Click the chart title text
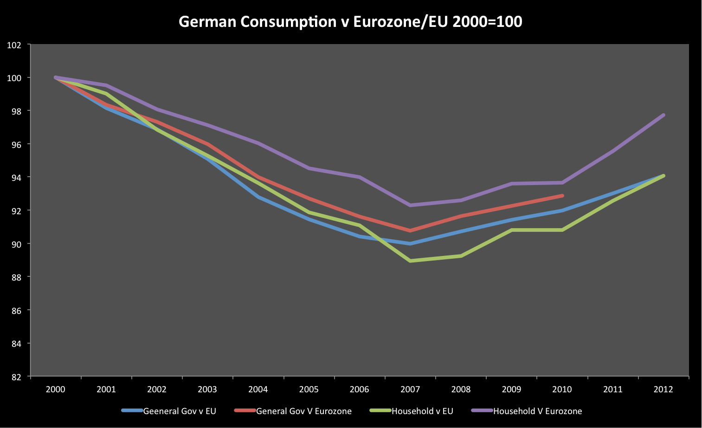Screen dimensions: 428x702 [x=350, y=22]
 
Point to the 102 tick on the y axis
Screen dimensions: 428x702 [x=14, y=45]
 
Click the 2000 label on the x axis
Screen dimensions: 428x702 [x=56, y=390]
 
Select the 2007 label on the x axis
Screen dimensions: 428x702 [x=410, y=390]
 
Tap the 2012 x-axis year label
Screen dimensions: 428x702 [x=663, y=390]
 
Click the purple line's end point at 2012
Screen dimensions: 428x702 [x=663, y=115]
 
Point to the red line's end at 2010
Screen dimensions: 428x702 [x=562, y=196]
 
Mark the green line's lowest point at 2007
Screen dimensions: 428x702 [x=410, y=261]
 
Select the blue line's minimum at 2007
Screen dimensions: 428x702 [x=410, y=243]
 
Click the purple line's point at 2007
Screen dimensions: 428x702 [x=410, y=205]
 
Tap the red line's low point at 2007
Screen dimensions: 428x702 [x=410, y=230]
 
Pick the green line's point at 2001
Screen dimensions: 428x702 [x=106, y=94]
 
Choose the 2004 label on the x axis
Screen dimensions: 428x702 [x=258, y=390]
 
